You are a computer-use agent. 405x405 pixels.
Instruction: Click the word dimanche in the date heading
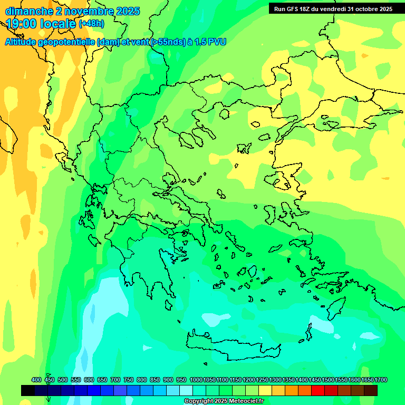(29, 11)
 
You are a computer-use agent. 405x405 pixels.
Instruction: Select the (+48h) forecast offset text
(92, 24)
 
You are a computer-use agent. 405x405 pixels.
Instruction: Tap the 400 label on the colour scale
(36, 380)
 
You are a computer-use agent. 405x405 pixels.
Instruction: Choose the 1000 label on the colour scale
(196, 380)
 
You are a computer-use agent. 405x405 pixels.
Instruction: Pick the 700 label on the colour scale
(115, 380)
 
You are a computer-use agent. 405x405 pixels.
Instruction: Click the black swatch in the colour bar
(28, 390)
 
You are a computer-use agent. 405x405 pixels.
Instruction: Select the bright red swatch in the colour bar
(318, 390)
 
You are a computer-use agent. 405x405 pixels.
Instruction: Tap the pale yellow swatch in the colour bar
(265, 390)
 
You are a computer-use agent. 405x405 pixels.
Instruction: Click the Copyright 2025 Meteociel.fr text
(224, 401)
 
